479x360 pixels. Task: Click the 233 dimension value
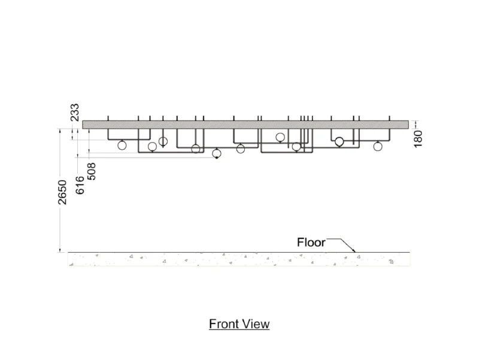[75, 113]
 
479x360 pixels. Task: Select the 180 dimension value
[418, 139]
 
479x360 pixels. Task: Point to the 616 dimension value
[80, 185]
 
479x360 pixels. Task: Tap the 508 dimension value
[92, 171]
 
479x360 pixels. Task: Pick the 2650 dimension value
[62, 192]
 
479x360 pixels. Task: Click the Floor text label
[311, 243]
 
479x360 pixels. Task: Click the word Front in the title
[225, 324]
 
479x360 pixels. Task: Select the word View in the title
[257, 324]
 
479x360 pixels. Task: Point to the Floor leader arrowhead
[354, 250]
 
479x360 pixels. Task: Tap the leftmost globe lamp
[122, 145]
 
